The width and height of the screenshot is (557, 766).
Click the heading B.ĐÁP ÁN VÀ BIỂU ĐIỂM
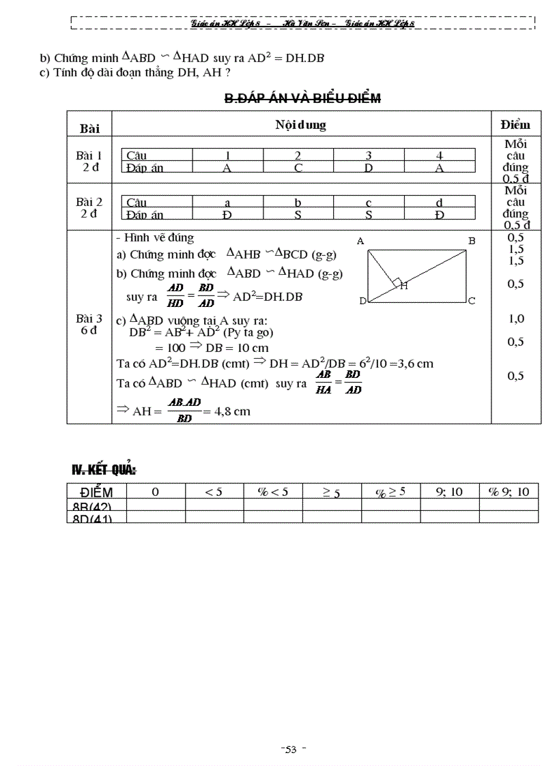click(302, 98)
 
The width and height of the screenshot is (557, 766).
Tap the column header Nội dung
click(300, 125)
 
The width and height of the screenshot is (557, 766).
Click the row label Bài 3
click(89, 319)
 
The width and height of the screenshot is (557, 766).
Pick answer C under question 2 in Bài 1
click(298, 168)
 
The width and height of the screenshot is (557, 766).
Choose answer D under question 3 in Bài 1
click(369, 168)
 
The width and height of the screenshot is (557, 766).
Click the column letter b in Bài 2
click(298, 203)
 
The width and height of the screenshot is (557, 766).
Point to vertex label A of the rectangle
click(360, 241)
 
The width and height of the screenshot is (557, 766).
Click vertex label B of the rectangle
click(472, 241)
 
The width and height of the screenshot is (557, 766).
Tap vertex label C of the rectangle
click(472, 300)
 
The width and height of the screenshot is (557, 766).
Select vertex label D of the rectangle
click(362, 301)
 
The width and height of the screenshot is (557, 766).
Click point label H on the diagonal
click(404, 286)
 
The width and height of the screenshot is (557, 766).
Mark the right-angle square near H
click(395, 281)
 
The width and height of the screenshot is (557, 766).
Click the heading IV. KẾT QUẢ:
click(104, 469)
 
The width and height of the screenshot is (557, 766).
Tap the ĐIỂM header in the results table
click(96, 492)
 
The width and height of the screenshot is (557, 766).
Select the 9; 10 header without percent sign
click(449, 491)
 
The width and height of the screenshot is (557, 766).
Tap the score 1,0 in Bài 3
click(515, 319)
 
